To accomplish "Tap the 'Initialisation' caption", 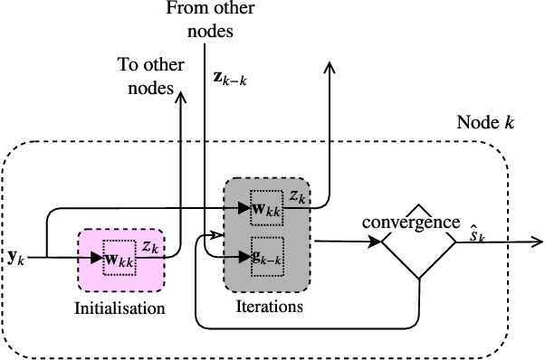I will pyautogui.click(x=120, y=308).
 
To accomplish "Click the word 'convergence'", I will pyautogui.click(x=411, y=222).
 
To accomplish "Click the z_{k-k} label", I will pyautogui.click(x=231, y=77).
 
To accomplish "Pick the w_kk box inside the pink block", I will pyautogui.click(x=120, y=257).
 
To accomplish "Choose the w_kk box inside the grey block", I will pyautogui.click(x=267, y=208).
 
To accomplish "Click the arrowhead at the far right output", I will pyautogui.click(x=537, y=242).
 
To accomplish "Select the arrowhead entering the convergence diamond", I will pyautogui.click(x=375, y=242).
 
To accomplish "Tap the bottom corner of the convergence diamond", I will pyautogui.click(x=417, y=279).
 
